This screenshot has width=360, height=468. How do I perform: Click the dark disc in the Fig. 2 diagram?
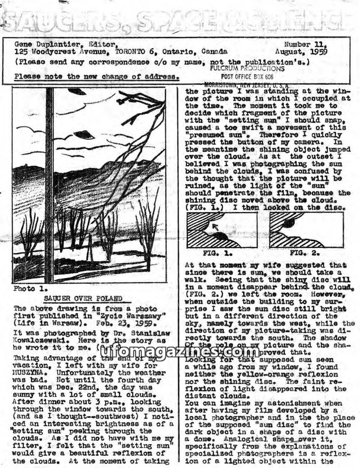(x=288, y=223)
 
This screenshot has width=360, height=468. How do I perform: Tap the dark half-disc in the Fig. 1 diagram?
(x=220, y=236)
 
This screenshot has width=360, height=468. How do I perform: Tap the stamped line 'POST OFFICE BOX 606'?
(x=247, y=77)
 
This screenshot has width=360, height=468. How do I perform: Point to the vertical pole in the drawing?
(x=49, y=184)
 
